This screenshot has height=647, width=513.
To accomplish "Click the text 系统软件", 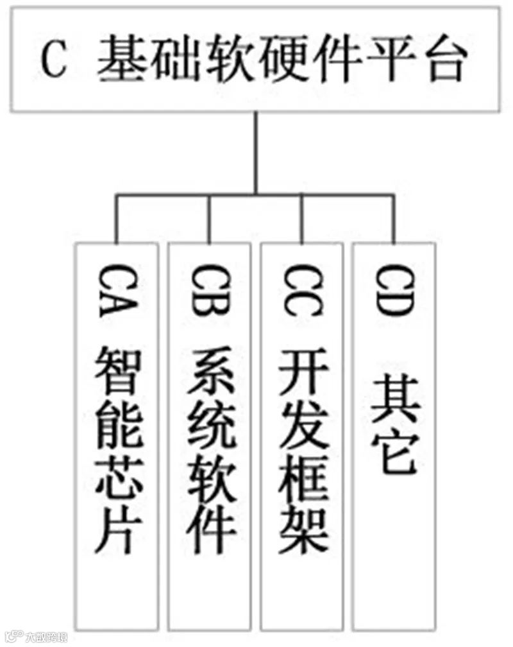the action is click(209, 453).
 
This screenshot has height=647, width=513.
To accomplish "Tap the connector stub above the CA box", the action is click(116, 218).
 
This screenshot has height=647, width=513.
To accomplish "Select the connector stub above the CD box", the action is click(394, 218).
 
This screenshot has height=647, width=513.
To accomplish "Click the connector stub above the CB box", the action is click(209, 218).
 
